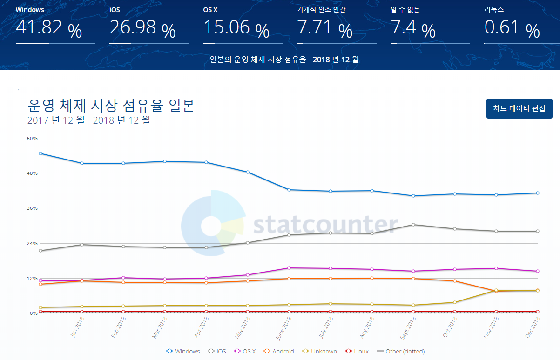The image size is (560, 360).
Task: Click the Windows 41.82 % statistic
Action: coord(48,29)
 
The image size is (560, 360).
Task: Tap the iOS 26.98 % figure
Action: coord(142,29)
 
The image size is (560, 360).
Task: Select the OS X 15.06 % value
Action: coord(236,29)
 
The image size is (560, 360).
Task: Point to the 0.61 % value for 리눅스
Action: coord(512,29)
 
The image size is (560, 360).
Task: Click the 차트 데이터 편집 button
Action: coord(519,108)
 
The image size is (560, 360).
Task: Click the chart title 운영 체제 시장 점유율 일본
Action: coord(111,106)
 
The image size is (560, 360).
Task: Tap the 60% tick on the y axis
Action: coord(32,138)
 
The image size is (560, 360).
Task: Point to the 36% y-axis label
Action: coord(32,208)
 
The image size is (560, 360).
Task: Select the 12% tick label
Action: coord(32,278)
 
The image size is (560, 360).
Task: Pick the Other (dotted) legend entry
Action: coord(400,351)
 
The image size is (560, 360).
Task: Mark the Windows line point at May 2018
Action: coord(248,172)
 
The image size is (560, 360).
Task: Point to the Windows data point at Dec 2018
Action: coord(537,193)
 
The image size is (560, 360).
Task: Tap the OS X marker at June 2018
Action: coord(289,268)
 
